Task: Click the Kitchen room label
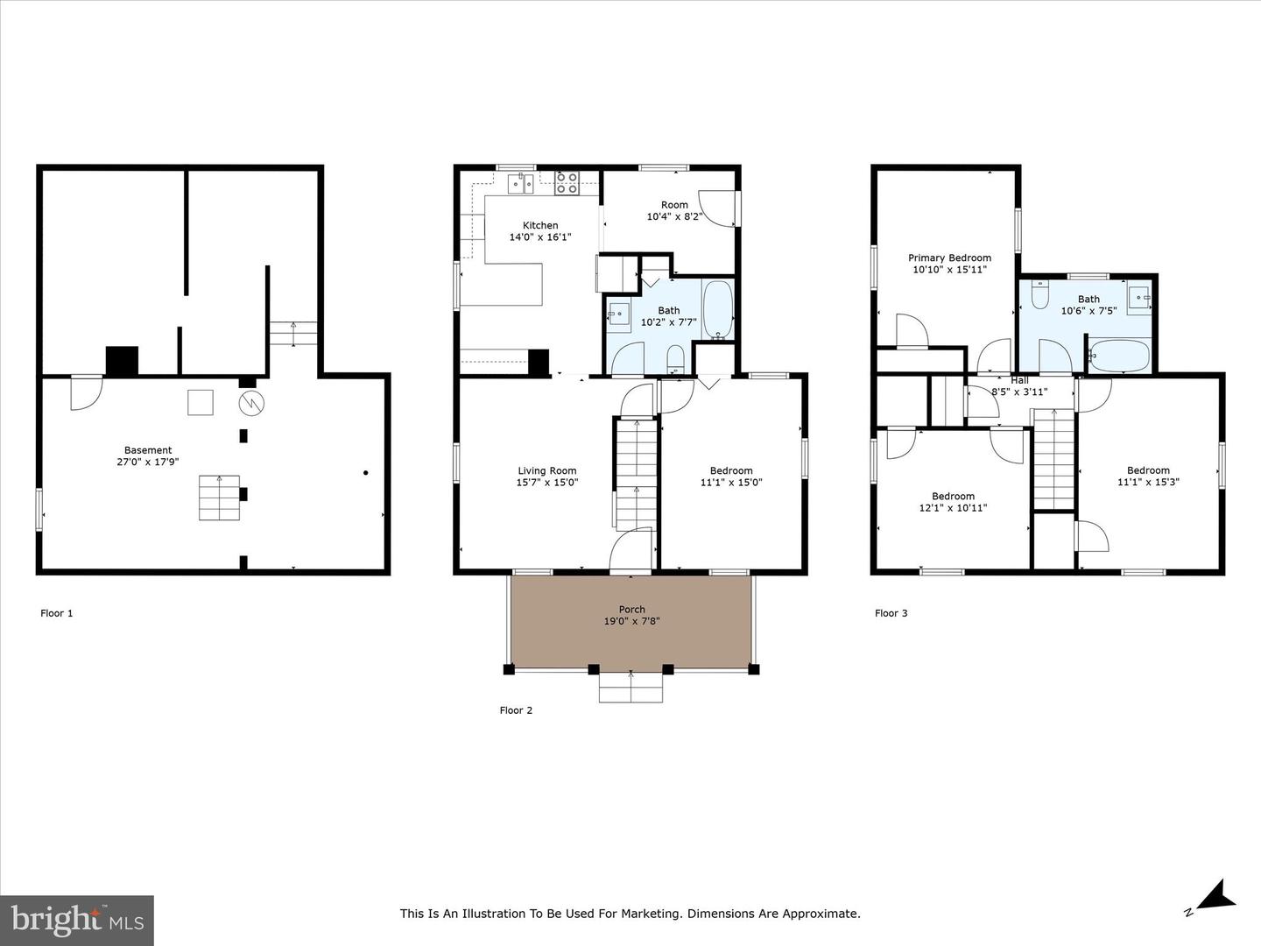[540, 225]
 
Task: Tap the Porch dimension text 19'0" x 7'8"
[631, 621]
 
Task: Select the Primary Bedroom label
[949, 258]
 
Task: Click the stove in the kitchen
[567, 183]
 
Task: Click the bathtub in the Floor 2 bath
[717, 309]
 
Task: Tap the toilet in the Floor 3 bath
[1040, 294]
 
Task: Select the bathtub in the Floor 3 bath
[1120, 357]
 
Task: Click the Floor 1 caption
[56, 613]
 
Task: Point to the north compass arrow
[1218, 910]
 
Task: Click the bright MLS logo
[76, 920]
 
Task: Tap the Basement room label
[148, 450]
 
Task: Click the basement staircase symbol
[220, 498]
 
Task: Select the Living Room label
[547, 471]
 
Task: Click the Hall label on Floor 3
[1019, 380]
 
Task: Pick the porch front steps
[630, 687]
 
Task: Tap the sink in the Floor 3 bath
[1139, 298]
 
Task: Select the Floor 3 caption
[891, 613]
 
